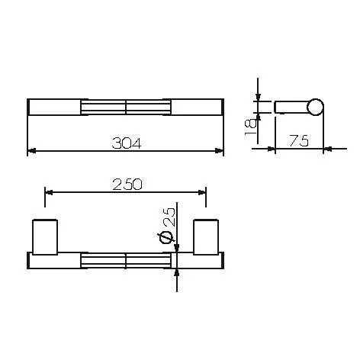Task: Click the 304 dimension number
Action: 127,143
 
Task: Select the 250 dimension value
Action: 127,185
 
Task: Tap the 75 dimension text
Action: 299,140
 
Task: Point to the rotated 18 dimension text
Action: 251,128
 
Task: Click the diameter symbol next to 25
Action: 166,238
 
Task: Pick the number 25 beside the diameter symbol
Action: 169,217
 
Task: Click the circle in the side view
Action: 315,107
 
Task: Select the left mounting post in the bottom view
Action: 45,237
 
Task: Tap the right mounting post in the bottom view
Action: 206,237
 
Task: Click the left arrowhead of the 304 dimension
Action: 31,151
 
